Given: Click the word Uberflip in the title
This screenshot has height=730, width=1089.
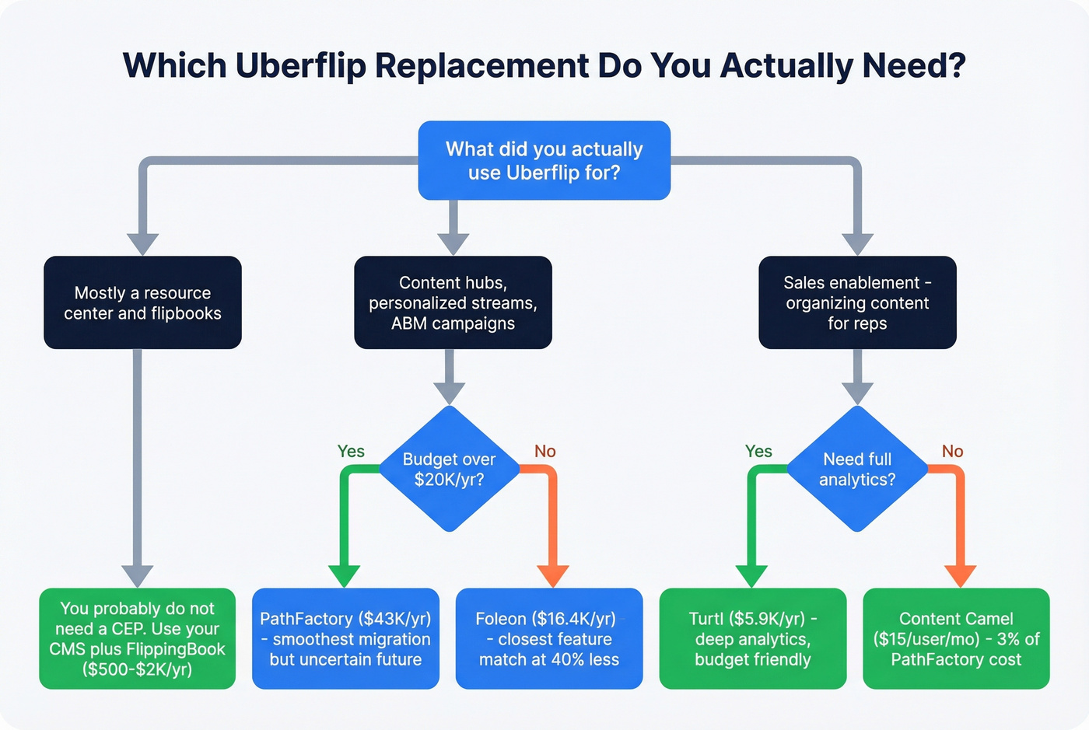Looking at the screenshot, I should pos(300,66).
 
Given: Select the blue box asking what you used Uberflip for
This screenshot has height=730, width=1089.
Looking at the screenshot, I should pos(544,161).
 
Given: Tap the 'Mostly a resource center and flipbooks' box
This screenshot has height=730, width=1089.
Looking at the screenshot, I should pos(142,302).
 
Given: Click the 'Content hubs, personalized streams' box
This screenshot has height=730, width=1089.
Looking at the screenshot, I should pos(453,302).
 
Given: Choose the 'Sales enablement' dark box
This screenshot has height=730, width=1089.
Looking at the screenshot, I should pos(857,302).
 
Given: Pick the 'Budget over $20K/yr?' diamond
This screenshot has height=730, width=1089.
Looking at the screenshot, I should pos(449,469).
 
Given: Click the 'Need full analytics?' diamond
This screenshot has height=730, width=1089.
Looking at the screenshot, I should pos(857,469).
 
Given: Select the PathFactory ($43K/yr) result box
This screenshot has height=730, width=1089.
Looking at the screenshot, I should pos(345,638).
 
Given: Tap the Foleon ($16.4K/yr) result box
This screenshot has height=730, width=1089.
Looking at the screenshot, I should pos(548,638).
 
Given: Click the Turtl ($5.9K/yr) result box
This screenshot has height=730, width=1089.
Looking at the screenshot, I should pos(752,638).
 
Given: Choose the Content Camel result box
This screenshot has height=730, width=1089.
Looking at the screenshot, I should pos(956,638).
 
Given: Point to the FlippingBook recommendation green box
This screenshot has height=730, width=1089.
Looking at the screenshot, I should pos(137,638).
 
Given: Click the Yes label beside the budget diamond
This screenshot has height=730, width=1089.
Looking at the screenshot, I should pos(351,451).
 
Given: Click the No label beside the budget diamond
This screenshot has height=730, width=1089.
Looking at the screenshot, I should pos(544,451).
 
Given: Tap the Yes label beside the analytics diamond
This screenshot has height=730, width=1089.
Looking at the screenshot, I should pos(758,451).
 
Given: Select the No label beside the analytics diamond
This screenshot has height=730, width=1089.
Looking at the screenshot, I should pos(952,451).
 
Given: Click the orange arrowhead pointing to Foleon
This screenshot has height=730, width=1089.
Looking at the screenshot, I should pos(553,575).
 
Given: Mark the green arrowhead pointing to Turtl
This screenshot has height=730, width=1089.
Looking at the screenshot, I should pos(751,575).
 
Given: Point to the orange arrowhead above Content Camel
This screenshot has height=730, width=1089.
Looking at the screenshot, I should pos(960,575).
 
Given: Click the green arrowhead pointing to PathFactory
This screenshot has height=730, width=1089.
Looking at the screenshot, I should pos(344,575).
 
